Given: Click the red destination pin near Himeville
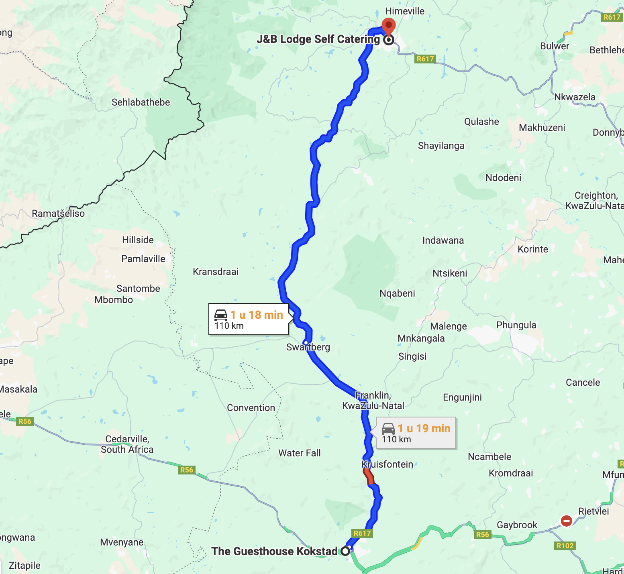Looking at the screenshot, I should pos(388,26).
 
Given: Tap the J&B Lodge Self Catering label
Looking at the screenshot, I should pos(318,39).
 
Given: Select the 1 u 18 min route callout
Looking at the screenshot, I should pos(249,320).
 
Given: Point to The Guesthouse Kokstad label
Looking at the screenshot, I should pos(274,551).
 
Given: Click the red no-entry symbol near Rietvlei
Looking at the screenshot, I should pos(566,521).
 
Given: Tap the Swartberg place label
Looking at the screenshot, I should pos(308,348).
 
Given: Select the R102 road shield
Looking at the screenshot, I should pos(565,546).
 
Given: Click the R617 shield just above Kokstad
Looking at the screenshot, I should pos(362,533).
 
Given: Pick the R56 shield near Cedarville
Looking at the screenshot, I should pos(187,470).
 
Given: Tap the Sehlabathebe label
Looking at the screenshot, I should pos(141,102).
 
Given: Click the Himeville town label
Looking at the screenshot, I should pos(404,11).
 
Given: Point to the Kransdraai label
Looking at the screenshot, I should pos(216,272).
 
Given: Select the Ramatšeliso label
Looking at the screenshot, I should pos(58,214).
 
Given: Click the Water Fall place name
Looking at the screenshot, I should pos(299,453).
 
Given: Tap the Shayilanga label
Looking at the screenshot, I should pos(441,146).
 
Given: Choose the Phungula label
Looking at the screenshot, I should pos(516,325).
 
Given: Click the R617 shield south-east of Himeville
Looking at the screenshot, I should pos(425,59).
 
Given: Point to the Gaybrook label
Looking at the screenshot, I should pos(517,525).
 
